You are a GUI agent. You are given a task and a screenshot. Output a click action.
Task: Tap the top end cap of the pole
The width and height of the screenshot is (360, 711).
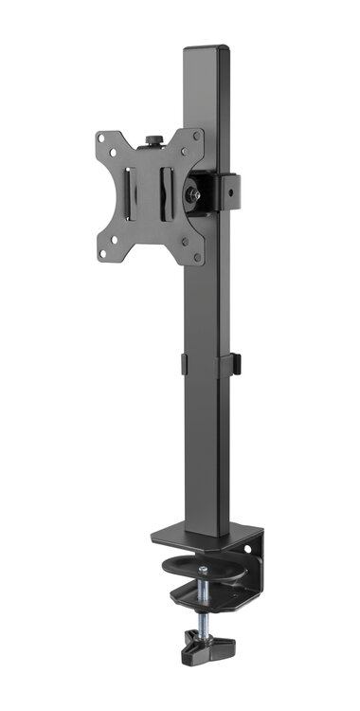[207, 47]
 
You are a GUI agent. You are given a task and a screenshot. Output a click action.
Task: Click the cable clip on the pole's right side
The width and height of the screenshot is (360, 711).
[234, 363]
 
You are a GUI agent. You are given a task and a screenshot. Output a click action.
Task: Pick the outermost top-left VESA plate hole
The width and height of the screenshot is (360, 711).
[101, 138]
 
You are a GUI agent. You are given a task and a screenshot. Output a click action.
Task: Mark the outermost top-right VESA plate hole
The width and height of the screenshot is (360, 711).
[198, 136]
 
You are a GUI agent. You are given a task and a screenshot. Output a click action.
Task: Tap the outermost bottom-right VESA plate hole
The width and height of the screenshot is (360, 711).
[197, 257]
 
